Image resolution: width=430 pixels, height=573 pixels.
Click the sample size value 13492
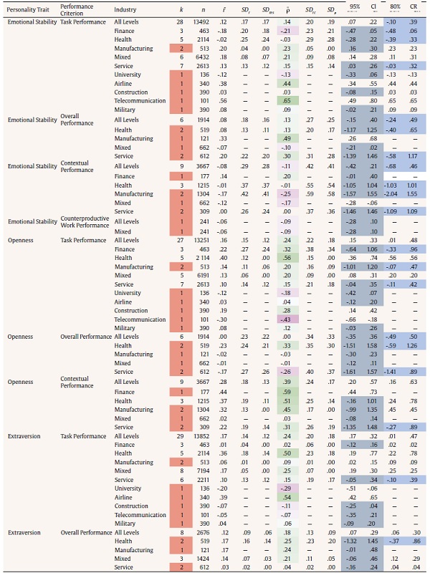coord(203,22)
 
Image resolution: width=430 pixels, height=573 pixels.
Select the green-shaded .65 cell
coord(287,101)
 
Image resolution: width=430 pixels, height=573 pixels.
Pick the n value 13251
coord(203,241)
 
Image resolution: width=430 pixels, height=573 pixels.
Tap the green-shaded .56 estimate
coord(286,257)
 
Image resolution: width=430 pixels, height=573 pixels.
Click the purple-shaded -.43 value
coord(286,318)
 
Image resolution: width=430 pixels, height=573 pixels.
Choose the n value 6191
coord(204,274)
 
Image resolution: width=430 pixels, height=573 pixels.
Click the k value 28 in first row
coord(183,22)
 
